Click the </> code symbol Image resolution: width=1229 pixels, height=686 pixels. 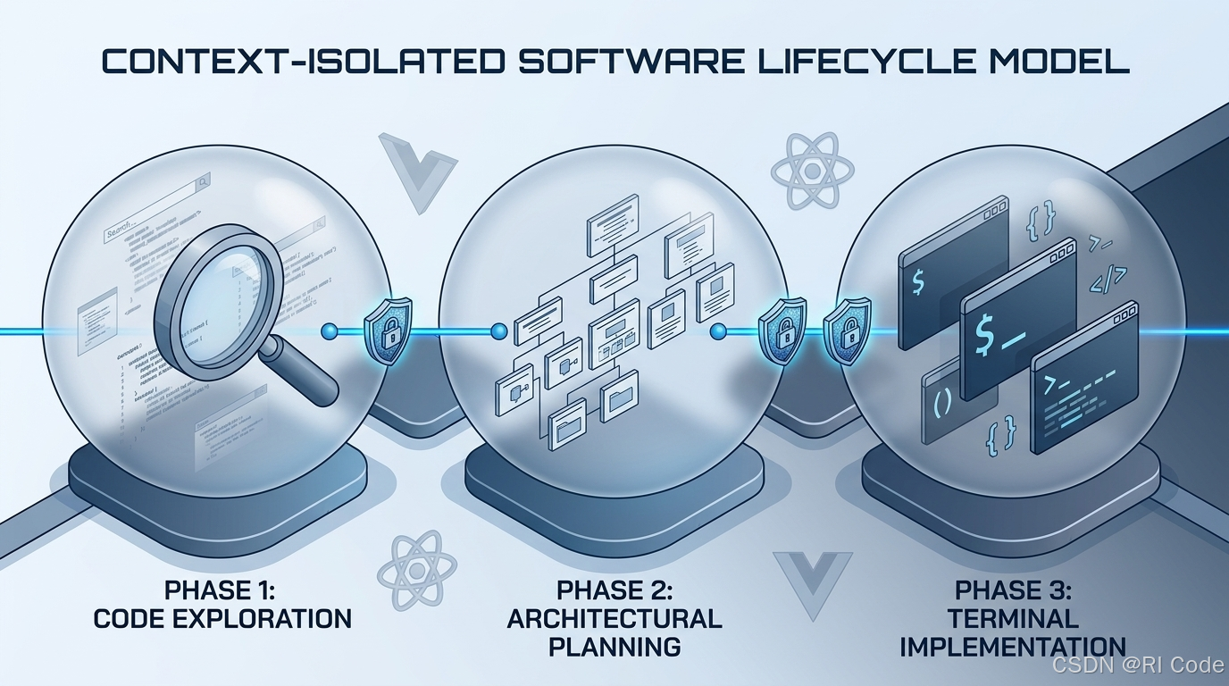tap(1106, 279)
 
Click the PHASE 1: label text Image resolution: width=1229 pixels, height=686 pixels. tap(222, 590)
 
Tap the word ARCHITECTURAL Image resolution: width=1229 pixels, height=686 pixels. tap(614, 618)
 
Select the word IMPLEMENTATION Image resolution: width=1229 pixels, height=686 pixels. tap(1012, 646)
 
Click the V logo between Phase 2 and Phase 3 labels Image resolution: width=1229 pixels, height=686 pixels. tap(812, 581)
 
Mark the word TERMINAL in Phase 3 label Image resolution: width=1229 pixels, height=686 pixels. tap(1013, 618)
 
